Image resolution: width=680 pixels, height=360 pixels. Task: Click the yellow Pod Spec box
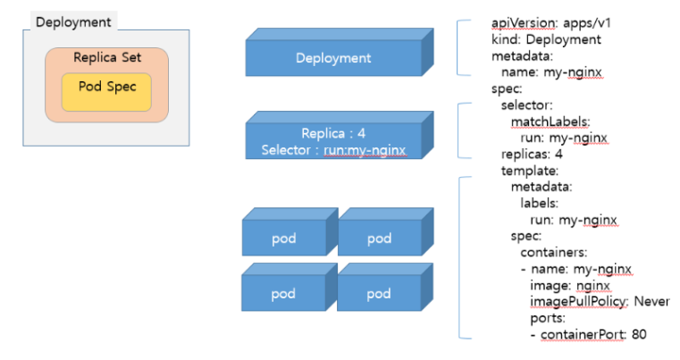(106, 92)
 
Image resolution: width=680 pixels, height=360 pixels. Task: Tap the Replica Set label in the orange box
(107, 57)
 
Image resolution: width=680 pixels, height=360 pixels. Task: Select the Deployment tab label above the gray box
(73, 22)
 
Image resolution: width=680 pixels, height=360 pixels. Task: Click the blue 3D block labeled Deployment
(340, 52)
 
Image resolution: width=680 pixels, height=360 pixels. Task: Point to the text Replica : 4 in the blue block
(333, 133)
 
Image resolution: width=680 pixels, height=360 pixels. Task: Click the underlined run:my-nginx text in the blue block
(365, 150)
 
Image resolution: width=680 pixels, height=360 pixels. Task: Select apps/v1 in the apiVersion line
(587, 23)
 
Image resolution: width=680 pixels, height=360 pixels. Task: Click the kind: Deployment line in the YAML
(546, 39)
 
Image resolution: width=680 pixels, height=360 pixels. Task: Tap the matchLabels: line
(550, 121)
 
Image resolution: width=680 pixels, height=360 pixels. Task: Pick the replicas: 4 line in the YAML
(532, 154)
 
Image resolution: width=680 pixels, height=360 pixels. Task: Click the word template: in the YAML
(530, 171)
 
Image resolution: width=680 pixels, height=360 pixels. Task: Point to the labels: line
(540, 203)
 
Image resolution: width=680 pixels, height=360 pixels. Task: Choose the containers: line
(554, 252)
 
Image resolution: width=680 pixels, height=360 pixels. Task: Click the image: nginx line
(570, 285)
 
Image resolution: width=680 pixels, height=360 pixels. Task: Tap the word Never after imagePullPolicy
(651, 301)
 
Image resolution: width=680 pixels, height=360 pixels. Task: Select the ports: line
(548, 318)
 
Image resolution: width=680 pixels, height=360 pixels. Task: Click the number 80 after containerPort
(639, 334)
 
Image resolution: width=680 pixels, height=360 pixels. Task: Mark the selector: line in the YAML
(527, 105)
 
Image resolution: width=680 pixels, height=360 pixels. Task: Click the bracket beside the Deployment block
(458, 47)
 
